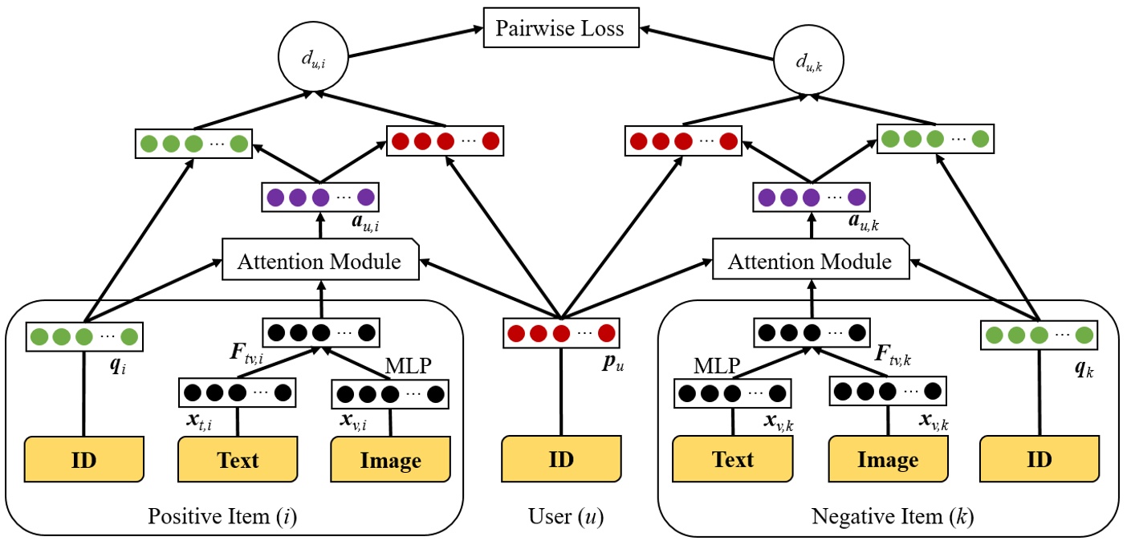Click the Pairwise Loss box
pos(559,29)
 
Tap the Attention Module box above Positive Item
pos(321,262)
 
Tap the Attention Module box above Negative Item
pos(812,262)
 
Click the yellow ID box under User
pos(560,459)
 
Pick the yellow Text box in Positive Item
pos(238,460)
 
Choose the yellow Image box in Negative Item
pos(887,459)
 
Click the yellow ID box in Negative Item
pos(1039,459)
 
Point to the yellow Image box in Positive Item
pos(391,460)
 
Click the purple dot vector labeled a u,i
pos(320,197)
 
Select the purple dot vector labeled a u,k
pos(811,197)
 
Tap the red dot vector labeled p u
pos(560,332)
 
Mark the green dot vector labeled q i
pos(83,336)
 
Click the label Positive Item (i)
pos(222,517)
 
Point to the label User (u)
pos(560,517)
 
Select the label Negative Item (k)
pos(893,517)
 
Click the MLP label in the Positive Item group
pos(409,365)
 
